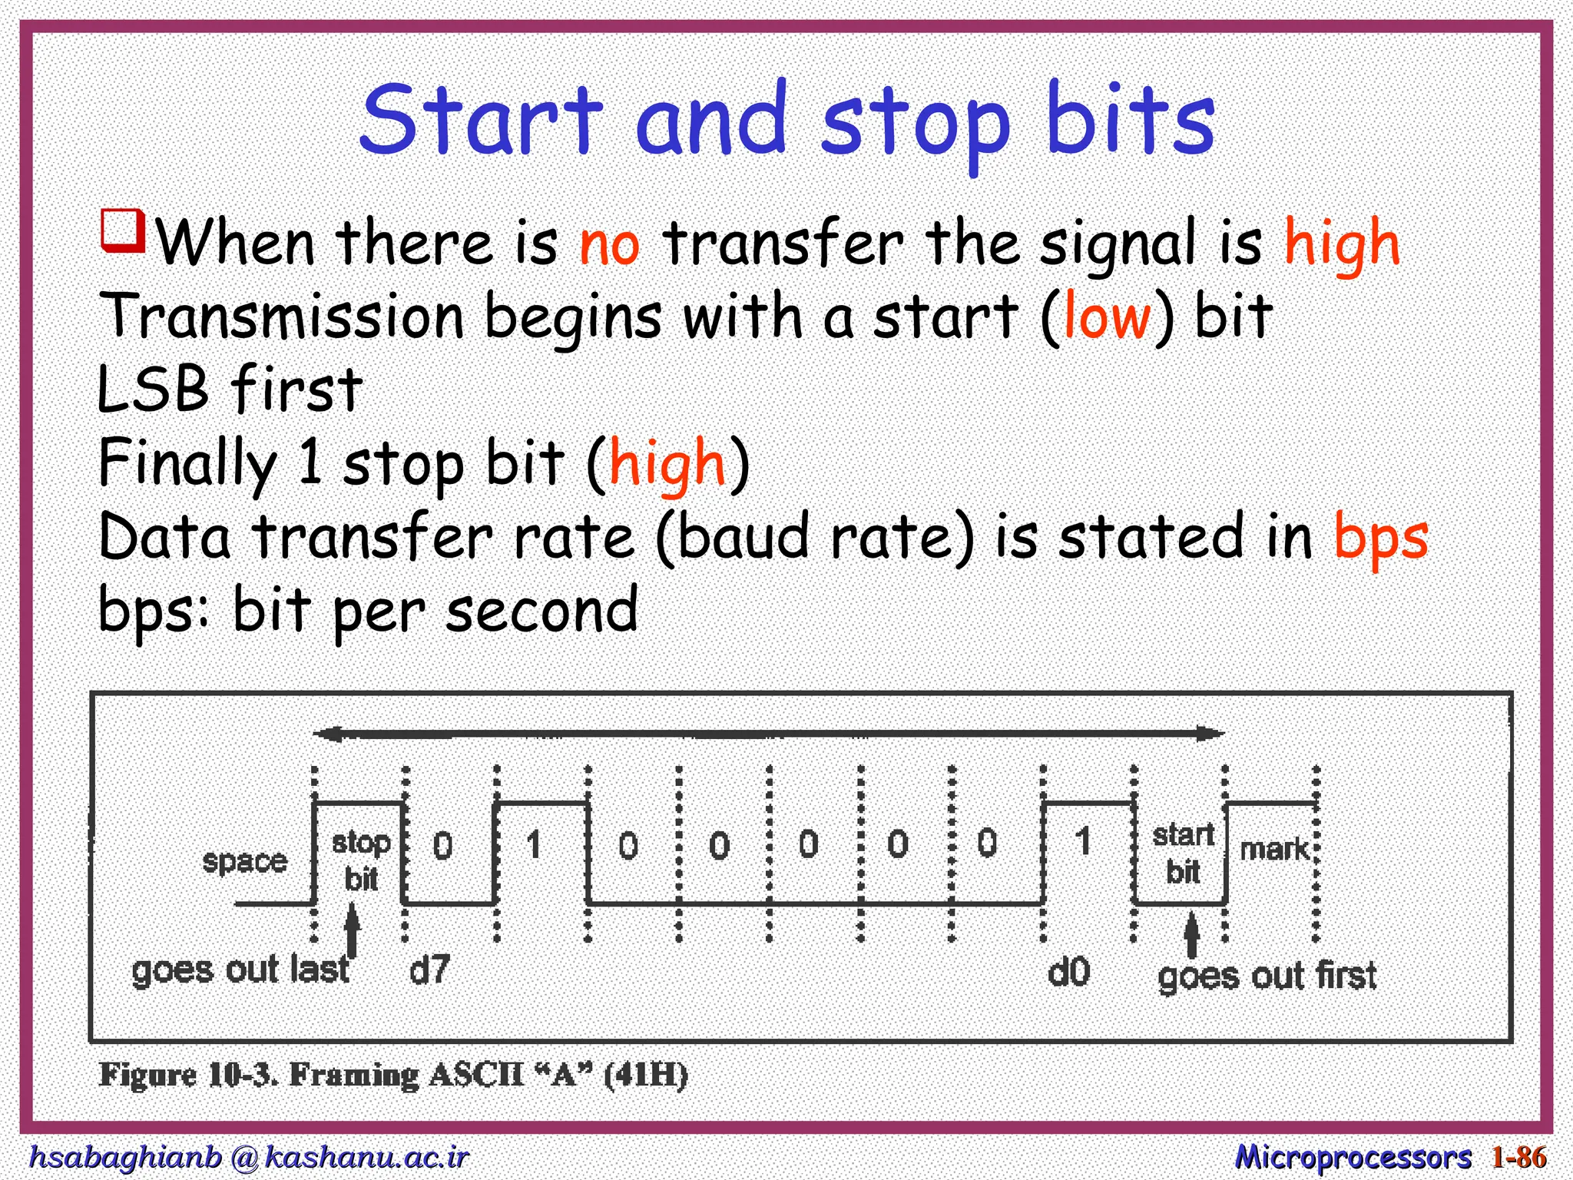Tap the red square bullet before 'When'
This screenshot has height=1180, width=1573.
click(x=123, y=230)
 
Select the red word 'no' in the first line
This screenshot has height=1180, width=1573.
click(x=609, y=245)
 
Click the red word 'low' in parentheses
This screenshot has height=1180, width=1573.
click(x=1107, y=317)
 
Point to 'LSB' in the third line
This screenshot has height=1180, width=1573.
click(x=153, y=389)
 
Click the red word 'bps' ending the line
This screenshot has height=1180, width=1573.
click(x=1380, y=538)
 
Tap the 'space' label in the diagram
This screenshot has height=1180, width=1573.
click(x=244, y=861)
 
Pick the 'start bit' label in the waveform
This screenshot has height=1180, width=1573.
click(x=1183, y=853)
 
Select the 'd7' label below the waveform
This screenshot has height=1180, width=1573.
click(x=429, y=970)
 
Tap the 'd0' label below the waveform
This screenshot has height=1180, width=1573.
click(x=1068, y=973)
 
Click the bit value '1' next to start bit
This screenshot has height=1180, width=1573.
click(x=1083, y=841)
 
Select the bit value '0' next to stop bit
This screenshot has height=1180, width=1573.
click(x=442, y=846)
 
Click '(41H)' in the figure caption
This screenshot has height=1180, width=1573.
click(x=645, y=1075)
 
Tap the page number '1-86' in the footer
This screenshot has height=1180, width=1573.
click(x=1518, y=1156)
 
